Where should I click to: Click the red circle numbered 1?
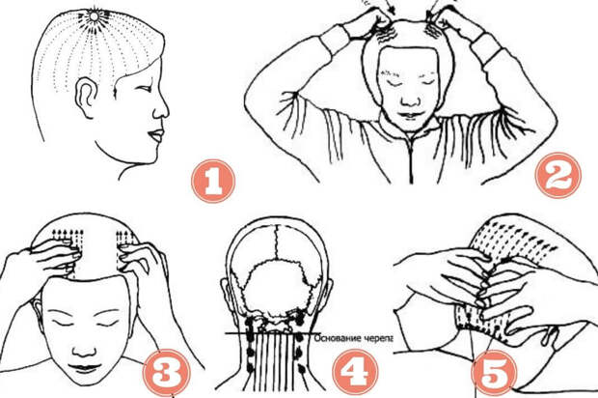pos(213,181)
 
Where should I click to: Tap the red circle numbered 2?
pos(557,175)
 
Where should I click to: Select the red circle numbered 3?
pos(166,372)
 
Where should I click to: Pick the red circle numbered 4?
pos(355,373)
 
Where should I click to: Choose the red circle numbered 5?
pos(494,373)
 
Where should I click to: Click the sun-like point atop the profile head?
pos(94,16)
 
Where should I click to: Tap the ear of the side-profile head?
pos(86,98)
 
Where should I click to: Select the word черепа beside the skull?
pos(377,339)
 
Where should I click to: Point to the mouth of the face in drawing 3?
pos(85,368)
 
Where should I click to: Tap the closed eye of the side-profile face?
pos(144,89)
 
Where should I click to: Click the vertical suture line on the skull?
pos(278,243)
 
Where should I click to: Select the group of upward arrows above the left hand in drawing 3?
pos(68,238)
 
